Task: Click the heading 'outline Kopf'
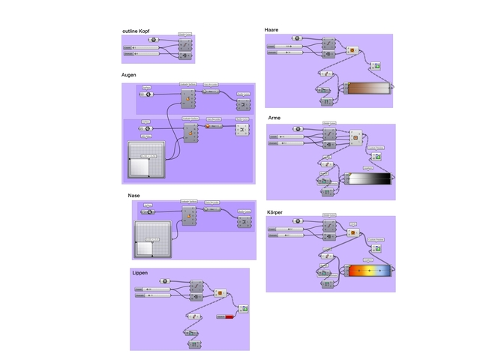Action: pos(136,31)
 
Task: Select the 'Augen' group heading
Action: pos(129,76)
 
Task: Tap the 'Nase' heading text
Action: pos(133,195)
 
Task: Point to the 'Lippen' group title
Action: pos(139,272)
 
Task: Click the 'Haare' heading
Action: pos(271,29)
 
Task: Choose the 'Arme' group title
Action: pos(274,118)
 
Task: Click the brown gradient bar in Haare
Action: pos(370,88)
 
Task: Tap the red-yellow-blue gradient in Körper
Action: pos(370,269)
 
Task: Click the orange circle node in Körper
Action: pos(352,232)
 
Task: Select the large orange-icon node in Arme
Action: pos(355,137)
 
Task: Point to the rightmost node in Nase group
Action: pos(244,221)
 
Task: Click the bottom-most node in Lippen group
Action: pos(193,344)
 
